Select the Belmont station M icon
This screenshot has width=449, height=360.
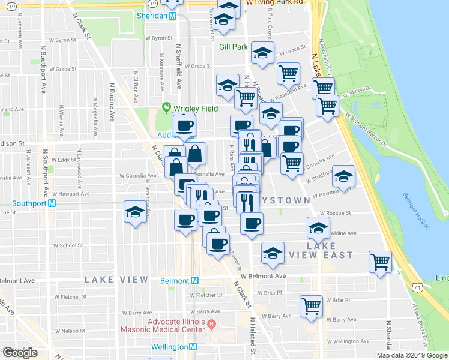(x=194, y=280)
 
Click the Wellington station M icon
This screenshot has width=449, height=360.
(x=193, y=347)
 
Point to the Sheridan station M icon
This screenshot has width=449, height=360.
(x=172, y=16)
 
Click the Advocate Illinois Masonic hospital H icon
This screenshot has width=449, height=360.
(x=211, y=325)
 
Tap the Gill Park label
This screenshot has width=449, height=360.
(x=233, y=46)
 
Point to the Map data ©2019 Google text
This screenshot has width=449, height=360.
(x=411, y=355)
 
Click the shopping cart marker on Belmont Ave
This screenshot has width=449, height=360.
(x=380, y=262)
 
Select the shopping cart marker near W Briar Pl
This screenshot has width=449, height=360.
(x=311, y=307)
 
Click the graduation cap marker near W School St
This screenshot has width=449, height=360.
(x=135, y=212)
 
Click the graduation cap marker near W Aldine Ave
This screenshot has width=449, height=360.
(x=318, y=227)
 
